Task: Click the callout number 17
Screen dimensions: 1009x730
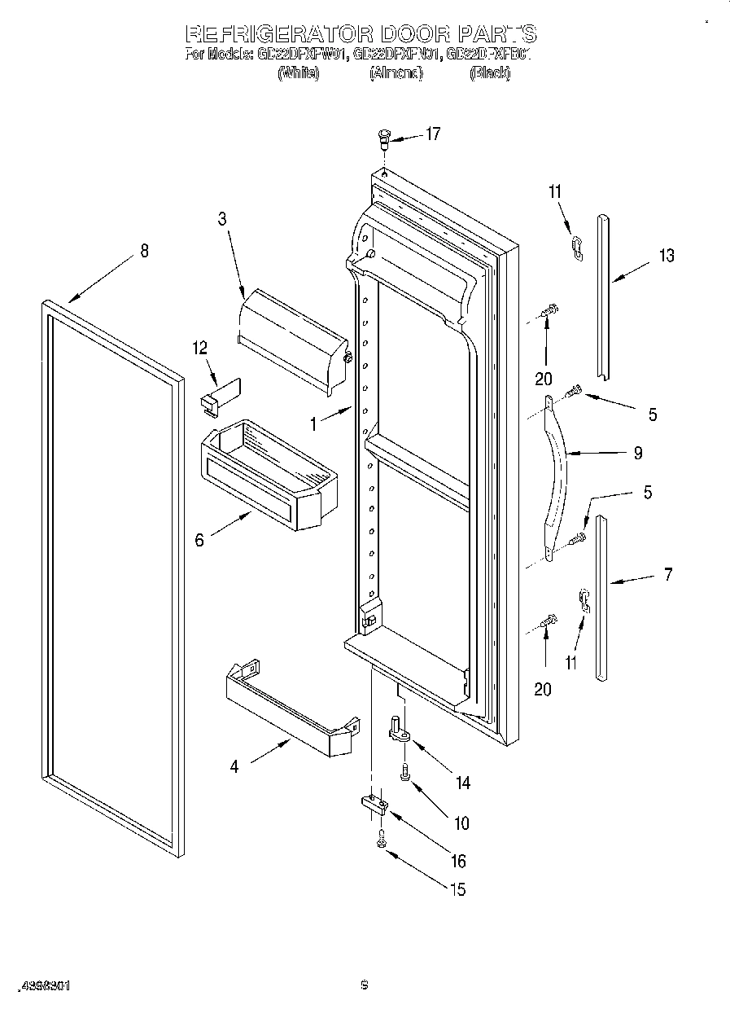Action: [x=432, y=134]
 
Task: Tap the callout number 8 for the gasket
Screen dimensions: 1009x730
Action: [x=144, y=251]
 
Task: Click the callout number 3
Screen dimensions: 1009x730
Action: [x=221, y=218]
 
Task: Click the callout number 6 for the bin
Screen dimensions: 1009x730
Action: [x=200, y=539]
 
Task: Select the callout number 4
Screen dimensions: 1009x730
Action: [x=234, y=766]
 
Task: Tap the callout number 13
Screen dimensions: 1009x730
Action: [x=667, y=256]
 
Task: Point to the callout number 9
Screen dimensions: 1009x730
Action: [x=637, y=453]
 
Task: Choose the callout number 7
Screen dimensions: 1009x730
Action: [x=667, y=574]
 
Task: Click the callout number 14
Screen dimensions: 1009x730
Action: [x=462, y=783]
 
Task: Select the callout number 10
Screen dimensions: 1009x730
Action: [x=461, y=823]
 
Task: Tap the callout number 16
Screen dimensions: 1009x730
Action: [x=458, y=862]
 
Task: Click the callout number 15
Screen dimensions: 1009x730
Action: [x=458, y=890]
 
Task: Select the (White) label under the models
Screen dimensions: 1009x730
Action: [x=298, y=73]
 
